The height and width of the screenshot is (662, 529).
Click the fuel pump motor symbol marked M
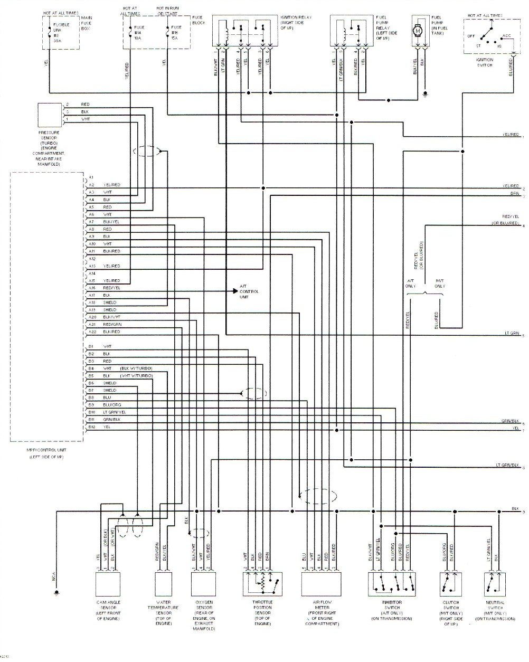click(x=419, y=31)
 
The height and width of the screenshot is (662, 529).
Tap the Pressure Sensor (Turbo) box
click(x=50, y=115)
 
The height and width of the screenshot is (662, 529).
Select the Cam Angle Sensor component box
click(x=108, y=584)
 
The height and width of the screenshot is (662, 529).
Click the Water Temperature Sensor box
click(x=164, y=584)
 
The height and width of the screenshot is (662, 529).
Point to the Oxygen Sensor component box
click(x=203, y=584)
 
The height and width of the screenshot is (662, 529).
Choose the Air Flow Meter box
click(x=321, y=584)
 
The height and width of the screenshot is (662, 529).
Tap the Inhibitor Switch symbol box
click(x=392, y=584)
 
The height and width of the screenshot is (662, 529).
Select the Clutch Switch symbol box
click(x=450, y=584)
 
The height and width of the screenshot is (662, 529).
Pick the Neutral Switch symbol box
click(x=495, y=584)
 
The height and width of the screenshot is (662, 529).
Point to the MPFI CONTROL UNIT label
click(x=46, y=450)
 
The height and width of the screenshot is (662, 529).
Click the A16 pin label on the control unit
click(x=92, y=288)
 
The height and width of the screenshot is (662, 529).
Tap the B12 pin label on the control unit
click(x=92, y=427)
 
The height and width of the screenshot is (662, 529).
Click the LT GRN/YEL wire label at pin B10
click(x=115, y=412)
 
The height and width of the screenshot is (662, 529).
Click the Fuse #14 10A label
click(x=139, y=33)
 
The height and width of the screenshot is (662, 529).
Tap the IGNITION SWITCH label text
click(x=484, y=62)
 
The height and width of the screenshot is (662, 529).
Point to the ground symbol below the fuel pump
click(x=426, y=96)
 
